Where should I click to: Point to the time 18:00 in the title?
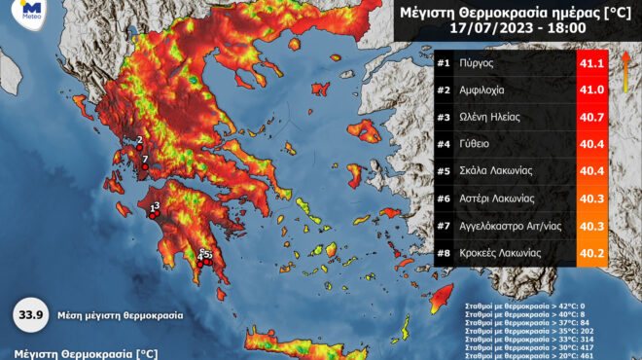pos(565,29)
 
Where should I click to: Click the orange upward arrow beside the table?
pos(626,77)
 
